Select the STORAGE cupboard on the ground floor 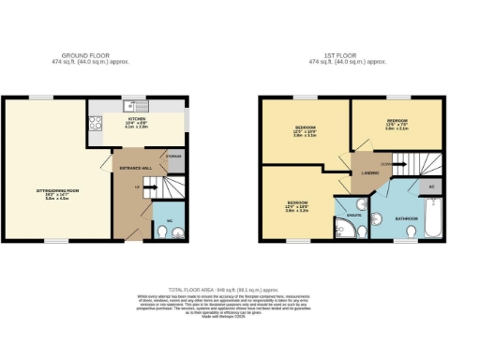(174, 157)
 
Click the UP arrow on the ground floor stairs (140, 187)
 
